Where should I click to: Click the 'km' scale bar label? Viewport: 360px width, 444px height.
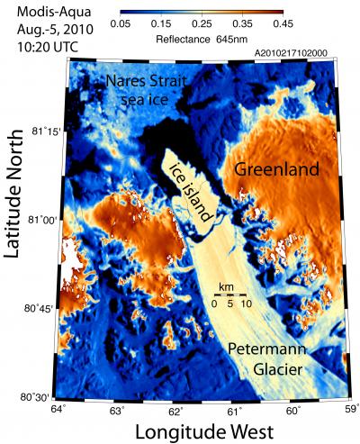pyautogui.click(x=227, y=287)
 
